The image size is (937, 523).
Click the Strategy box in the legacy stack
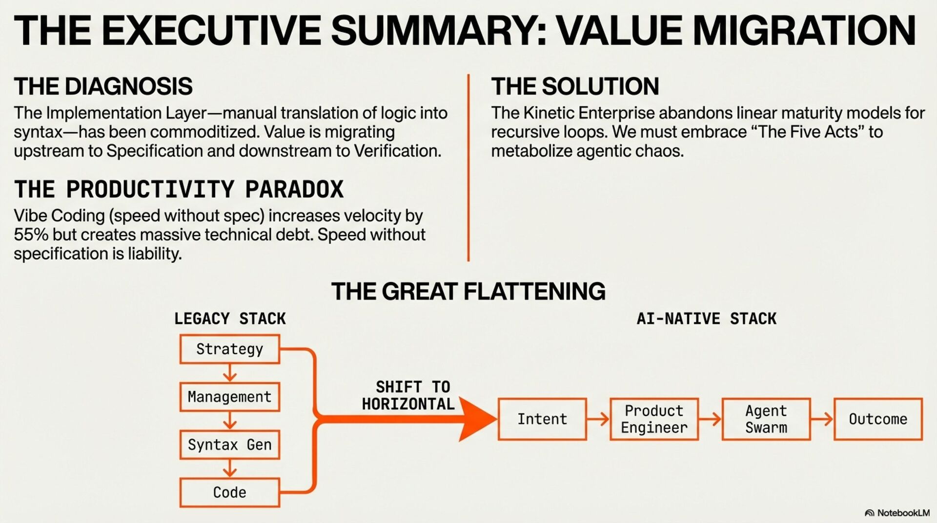(229, 349)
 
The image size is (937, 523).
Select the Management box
(229, 397)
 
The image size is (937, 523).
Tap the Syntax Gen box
(229, 444)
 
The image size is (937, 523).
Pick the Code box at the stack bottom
(229, 492)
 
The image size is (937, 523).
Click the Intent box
(542, 419)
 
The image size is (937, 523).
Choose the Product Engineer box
(654, 419)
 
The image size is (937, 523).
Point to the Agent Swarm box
(766, 419)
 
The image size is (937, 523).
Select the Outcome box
(878, 419)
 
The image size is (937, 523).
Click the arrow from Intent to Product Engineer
(598, 419)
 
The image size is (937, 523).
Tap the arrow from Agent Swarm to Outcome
(822, 419)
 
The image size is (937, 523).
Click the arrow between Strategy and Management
(229, 374)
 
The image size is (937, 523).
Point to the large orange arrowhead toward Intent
(476, 419)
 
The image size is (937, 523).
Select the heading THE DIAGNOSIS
(103, 86)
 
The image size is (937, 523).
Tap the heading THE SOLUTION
(575, 86)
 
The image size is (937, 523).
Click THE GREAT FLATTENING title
(468, 291)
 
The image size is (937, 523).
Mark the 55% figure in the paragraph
(31, 235)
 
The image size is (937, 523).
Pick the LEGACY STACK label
(230, 319)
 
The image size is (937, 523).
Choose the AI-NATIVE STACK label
(706, 319)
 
